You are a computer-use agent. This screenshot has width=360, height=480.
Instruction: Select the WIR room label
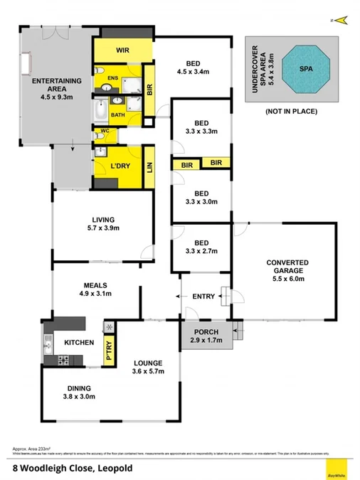[x=123, y=51]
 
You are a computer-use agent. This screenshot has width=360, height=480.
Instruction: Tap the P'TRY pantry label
[x=110, y=353]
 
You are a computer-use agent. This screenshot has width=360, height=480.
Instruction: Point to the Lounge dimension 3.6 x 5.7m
[x=148, y=372]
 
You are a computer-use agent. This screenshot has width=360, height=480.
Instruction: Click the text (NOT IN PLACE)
[x=292, y=112]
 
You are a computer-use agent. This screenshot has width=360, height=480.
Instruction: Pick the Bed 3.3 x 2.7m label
[x=201, y=252]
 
